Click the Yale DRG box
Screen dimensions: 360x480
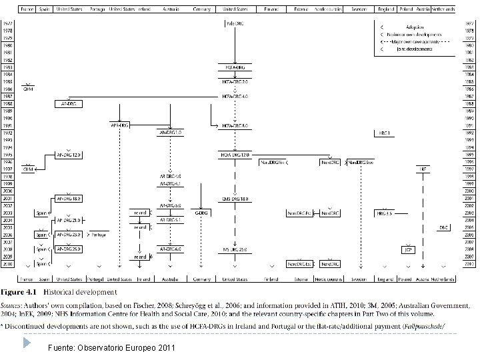(x=234, y=24)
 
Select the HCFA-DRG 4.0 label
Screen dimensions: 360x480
(x=235, y=96)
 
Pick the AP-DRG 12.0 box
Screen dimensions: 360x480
(x=68, y=155)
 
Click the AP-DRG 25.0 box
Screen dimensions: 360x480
(x=68, y=249)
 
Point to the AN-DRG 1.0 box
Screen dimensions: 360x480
(x=170, y=133)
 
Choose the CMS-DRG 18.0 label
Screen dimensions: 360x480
(x=235, y=199)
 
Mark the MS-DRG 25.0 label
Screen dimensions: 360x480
(x=235, y=249)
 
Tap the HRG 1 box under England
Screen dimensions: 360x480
(x=385, y=133)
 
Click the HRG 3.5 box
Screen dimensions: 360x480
(x=385, y=213)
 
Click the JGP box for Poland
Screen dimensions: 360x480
(x=407, y=249)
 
